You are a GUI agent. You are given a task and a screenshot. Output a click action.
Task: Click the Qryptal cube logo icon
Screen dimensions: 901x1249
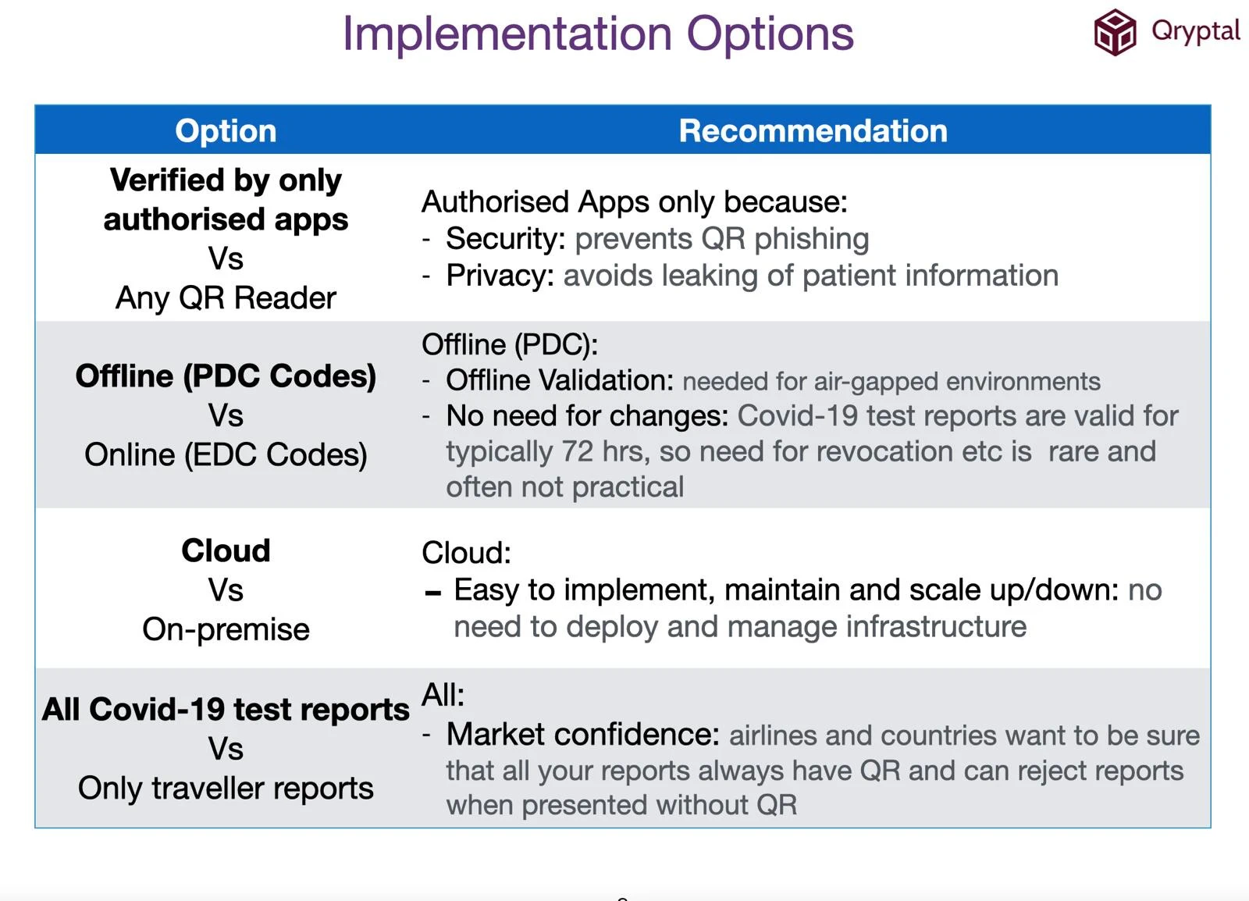coord(1114,33)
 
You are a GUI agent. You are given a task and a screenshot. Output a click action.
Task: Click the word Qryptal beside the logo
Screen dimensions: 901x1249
coord(1194,31)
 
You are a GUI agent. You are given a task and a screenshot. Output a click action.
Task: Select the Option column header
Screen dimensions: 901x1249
coord(226,130)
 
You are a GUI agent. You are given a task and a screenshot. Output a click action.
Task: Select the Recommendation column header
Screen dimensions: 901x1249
coord(813,130)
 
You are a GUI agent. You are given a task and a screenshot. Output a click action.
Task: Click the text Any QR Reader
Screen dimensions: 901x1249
coord(226,297)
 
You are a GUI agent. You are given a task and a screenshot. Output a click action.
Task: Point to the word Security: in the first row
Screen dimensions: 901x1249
coord(505,239)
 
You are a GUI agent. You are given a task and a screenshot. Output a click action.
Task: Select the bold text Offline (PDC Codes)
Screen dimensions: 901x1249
coord(226,376)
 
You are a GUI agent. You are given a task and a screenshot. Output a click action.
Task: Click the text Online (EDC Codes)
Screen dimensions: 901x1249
coord(226,454)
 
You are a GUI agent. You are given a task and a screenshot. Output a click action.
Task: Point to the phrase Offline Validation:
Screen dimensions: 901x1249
coord(559,380)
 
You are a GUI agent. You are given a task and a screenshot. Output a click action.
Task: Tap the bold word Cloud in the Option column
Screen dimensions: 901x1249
coord(226,550)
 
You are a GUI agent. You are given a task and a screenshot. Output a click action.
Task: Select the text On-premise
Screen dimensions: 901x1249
coord(226,629)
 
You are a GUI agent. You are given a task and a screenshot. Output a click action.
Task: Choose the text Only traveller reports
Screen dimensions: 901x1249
coord(226,788)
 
